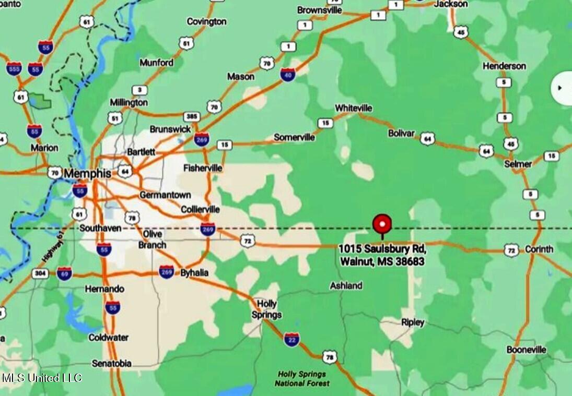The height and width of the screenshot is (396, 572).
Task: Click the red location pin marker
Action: point(382,225)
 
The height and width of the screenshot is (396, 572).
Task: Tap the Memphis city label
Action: point(87,173)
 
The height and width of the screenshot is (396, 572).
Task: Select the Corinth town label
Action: point(539,249)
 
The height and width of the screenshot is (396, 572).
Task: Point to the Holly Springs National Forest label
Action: point(302,379)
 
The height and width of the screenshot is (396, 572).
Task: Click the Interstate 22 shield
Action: point(292,340)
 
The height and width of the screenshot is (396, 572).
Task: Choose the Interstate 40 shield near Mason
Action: point(287,74)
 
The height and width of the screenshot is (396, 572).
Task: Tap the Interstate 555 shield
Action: point(14,68)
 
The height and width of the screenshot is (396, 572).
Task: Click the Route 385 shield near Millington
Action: point(192,117)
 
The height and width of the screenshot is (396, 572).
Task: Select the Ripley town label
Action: point(413,322)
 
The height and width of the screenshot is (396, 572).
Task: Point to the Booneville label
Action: point(526,350)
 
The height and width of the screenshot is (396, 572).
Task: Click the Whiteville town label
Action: point(354,108)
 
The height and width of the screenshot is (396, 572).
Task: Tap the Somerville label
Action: point(294,137)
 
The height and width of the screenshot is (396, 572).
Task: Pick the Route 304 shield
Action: point(40,273)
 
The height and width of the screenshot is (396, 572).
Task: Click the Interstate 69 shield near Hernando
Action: point(64,273)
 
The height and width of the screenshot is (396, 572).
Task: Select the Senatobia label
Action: point(111,364)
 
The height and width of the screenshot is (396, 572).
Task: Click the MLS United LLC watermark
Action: point(41,378)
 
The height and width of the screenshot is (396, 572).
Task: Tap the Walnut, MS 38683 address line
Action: point(382,261)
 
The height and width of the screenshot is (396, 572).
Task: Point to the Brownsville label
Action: point(320,10)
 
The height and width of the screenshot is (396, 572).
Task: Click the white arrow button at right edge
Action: point(561,88)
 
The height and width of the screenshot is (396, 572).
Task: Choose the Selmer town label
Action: point(518,164)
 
